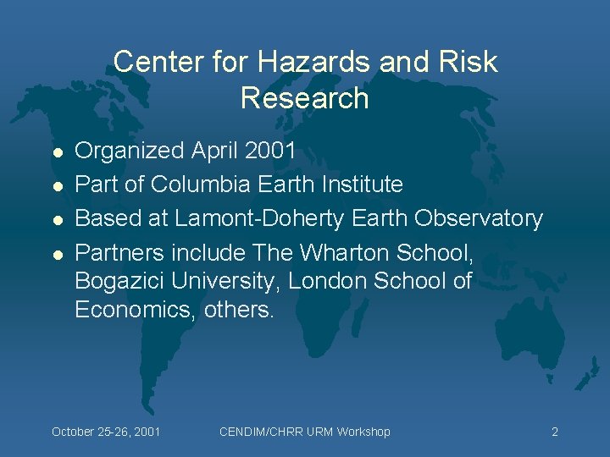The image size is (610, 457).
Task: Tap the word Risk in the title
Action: [x=466, y=62]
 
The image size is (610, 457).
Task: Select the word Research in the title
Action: [x=305, y=98]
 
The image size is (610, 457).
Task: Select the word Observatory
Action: [x=479, y=218]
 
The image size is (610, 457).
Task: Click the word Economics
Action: [x=135, y=309]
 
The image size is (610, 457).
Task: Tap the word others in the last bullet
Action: [x=240, y=309]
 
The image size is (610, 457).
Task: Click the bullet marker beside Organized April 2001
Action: [x=56, y=152]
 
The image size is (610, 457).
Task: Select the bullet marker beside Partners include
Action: [x=56, y=254]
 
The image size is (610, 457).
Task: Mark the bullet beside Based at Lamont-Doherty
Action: [x=56, y=220]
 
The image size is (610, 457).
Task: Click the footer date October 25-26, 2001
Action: [x=106, y=432]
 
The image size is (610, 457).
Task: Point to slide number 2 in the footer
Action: [x=555, y=432]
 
